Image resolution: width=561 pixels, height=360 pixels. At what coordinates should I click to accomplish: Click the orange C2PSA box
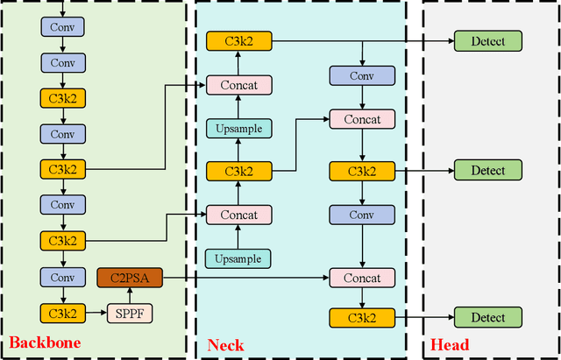(129, 279)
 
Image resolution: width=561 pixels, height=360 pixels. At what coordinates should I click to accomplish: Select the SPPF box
(129, 313)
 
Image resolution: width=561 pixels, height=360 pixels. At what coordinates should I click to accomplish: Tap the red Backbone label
(45, 343)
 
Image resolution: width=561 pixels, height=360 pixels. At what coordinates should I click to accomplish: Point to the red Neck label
(225, 345)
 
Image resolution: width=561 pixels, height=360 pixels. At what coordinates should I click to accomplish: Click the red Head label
(451, 344)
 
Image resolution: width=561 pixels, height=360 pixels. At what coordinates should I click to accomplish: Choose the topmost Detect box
(488, 40)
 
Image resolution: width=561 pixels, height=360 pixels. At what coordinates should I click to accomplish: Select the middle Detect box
(488, 170)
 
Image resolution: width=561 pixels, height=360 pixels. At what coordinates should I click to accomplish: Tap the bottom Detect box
(488, 318)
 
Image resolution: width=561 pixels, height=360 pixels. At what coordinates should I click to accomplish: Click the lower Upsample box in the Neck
(239, 258)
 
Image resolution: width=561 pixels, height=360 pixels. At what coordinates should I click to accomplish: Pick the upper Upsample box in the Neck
(239, 129)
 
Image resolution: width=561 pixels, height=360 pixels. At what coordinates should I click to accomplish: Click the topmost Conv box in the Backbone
(62, 27)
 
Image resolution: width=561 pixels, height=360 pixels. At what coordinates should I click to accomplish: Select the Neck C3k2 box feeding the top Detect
(239, 40)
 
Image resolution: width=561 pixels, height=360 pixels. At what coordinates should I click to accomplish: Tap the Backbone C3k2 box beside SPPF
(62, 313)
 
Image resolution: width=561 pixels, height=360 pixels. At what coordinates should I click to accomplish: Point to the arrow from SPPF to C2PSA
(129, 295)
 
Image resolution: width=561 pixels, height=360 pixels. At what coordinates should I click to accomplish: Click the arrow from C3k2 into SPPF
(96, 313)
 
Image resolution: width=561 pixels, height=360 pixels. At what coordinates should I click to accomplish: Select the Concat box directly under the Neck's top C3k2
(239, 85)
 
